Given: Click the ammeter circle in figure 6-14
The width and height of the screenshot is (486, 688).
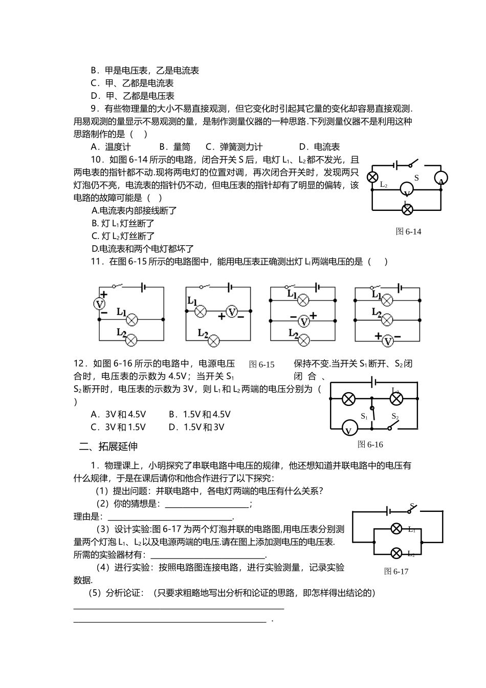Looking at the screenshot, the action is click(x=441, y=179).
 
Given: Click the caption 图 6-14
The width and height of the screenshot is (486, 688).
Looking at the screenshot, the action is click(x=409, y=231).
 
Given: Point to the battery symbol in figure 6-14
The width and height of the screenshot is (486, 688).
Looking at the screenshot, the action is click(x=396, y=165).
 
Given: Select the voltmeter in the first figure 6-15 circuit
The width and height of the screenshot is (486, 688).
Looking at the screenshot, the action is click(x=99, y=304).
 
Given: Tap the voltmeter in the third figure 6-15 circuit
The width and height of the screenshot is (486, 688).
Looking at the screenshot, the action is click(x=304, y=321).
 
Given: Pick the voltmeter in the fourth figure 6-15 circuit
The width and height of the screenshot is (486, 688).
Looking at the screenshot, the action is click(x=388, y=340).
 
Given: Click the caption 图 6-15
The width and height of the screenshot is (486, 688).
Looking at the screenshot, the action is click(x=262, y=364).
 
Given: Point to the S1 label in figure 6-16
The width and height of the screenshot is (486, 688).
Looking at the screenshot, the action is click(x=364, y=416).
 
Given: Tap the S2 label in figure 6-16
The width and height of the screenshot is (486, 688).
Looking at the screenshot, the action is click(x=395, y=416).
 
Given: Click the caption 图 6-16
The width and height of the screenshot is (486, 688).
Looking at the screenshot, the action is click(x=370, y=444).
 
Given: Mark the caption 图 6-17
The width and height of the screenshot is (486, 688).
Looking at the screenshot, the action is click(x=396, y=571).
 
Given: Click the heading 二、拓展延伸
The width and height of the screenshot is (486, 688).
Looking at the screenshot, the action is click(x=108, y=446).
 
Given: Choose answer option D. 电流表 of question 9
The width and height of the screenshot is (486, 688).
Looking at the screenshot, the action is click(x=319, y=147).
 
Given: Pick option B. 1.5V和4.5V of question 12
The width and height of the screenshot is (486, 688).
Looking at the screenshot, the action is click(x=200, y=414).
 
